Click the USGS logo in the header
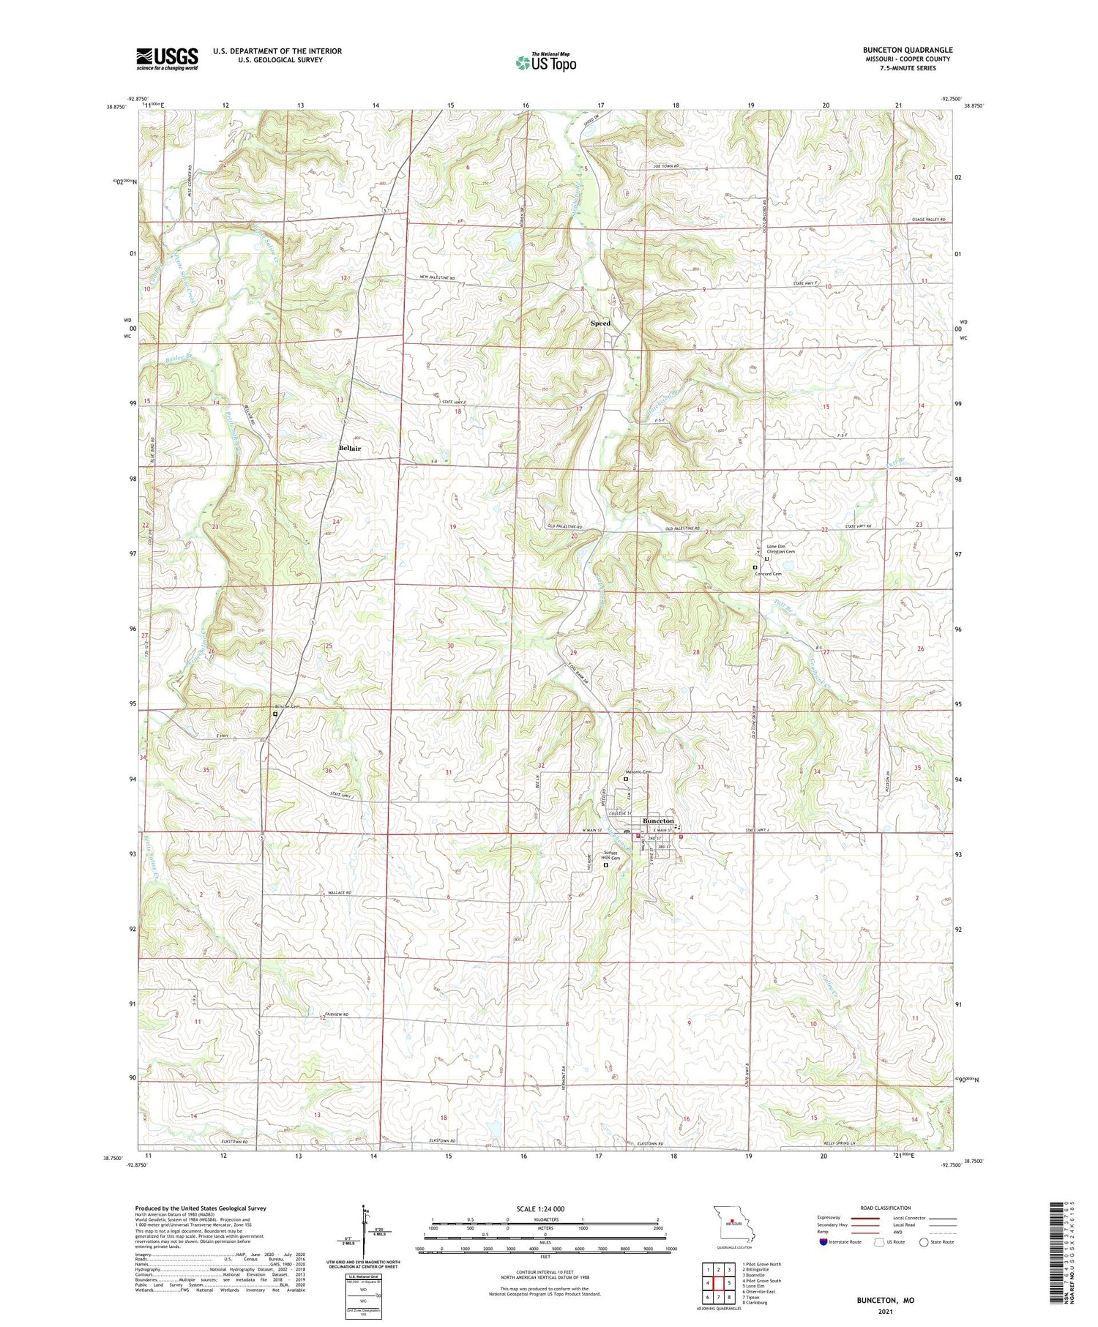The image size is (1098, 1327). coord(167,59)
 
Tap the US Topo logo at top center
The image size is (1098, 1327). coord(545,63)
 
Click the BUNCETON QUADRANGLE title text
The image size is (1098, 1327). coord(907,50)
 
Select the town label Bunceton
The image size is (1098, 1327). coord(657,821)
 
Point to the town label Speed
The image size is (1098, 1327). coord(600,323)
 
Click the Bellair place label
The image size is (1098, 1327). coord(349,447)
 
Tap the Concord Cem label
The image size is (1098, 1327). coord(768,574)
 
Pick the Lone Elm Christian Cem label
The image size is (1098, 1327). coord(780,549)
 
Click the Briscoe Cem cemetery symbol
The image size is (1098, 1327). coord(275,714)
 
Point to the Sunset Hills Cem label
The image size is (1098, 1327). coord(612,856)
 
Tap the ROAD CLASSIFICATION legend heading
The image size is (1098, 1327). coord(886,1208)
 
